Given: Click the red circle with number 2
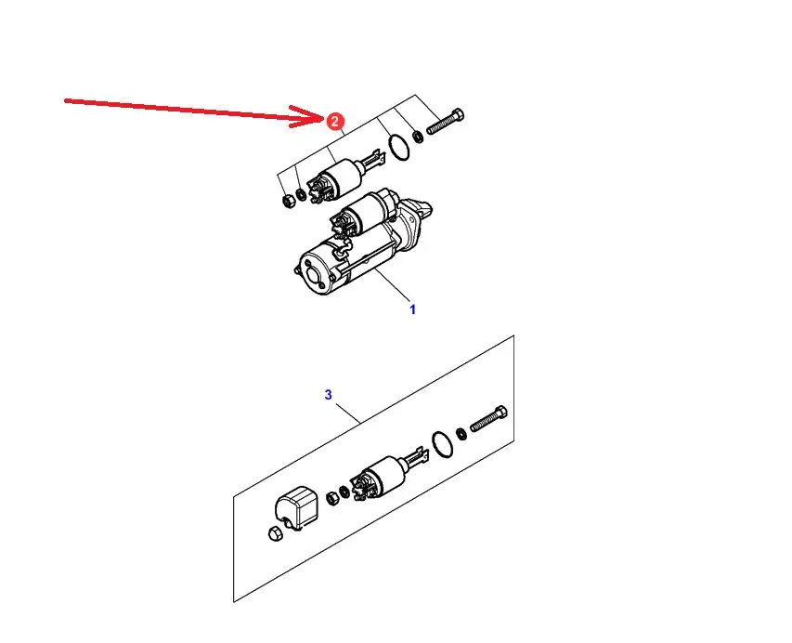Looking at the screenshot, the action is pos(334,122).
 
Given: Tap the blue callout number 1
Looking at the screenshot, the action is pos(412,309).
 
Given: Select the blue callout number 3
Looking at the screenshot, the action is pos(329,394).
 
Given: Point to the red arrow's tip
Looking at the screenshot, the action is pos(324,118).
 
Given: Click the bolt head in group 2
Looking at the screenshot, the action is pos(458,114).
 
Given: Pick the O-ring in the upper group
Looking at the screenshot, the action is pos(399,147).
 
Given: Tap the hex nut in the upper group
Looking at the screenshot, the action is pos(288,200).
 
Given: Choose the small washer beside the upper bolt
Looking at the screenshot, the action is pos(418,136).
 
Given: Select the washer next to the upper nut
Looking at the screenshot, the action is pos(301,194).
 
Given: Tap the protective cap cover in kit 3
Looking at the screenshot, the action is pos(296,506).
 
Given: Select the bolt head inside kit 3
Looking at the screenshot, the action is pos(500,413).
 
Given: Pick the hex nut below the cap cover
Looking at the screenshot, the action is pos(275,534).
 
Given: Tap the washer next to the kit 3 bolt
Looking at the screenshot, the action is pos(461,434).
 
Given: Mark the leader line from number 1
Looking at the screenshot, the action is pos(394,285).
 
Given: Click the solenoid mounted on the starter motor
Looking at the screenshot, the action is pos(361,212).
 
